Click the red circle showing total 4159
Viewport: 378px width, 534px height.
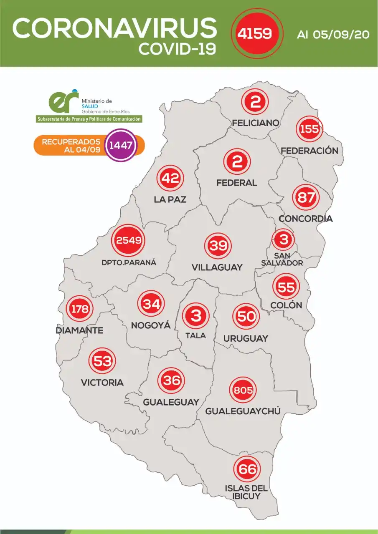(x=254, y=33)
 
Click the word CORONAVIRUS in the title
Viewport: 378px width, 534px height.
(x=115, y=28)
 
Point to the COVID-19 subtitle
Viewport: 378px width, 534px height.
(x=178, y=49)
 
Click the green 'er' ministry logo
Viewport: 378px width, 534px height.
(x=63, y=102)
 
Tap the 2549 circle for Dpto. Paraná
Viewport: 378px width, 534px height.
(x=129, y=241)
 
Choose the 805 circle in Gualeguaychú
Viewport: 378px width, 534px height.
(x=243, y=390)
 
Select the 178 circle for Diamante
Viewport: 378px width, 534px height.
(x=79, y=309)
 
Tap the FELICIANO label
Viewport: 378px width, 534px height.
(x=256, y=123)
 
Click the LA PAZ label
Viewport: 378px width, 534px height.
(x=170, y=200)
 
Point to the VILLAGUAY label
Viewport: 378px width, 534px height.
(x=217, y=267)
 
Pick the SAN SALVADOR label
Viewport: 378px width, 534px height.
(x=282, y=259)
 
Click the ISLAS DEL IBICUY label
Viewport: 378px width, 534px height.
(x=246, y=492)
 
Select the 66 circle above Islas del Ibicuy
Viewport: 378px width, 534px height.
(x=247, y=469)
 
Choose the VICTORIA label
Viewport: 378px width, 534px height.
(x=102, y=382)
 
